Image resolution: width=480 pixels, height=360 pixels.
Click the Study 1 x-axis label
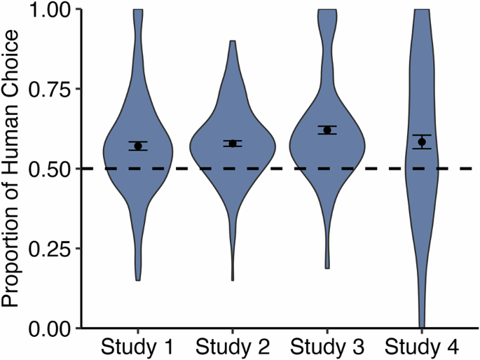[138, 347]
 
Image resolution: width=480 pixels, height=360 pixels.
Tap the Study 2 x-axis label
[233, 347]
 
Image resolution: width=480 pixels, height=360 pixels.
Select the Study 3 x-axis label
[327, 347]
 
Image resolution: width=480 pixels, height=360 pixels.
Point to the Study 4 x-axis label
[422, 347]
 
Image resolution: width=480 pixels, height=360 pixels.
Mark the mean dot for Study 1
[138, 146]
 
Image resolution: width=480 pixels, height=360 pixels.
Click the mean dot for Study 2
[233, 144]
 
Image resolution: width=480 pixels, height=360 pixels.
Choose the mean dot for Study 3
[327, 130]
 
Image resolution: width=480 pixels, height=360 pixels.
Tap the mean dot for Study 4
[422, 141]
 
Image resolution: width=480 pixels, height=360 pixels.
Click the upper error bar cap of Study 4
[422, 134]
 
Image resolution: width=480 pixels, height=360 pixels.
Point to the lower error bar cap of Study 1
[138, 151]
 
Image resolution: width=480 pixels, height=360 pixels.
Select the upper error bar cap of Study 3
[327, 126]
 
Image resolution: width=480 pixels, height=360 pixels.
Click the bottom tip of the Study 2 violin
[233, 279]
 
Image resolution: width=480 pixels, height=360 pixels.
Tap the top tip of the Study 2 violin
[233, 41]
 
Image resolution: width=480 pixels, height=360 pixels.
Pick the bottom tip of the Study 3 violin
[327, 268]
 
